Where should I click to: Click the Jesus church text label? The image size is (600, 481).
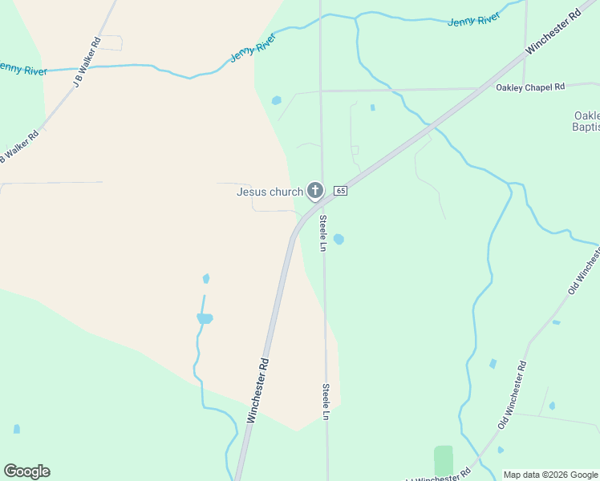coord(270,192)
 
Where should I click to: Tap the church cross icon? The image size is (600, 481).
coord(315,191)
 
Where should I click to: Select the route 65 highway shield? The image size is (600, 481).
coord(341,191)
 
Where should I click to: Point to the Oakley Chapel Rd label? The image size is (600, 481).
coord(530,87)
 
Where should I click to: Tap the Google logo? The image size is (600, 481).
coord(26,471)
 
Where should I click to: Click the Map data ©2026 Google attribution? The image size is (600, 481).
coord(549,475)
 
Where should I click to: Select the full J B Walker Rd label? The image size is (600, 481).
coord(87,63)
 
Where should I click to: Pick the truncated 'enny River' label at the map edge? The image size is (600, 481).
coord(23,71)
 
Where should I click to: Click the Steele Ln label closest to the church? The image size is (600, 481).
coord(323,232)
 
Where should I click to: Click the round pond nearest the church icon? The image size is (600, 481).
coord(339,239)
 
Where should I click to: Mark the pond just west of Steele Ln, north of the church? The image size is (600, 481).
coord(277,100)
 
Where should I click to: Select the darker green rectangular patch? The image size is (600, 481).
coord(444,460)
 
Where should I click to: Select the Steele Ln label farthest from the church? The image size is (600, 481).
coord(326,401)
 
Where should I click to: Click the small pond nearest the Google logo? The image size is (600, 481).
coord(17,430)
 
